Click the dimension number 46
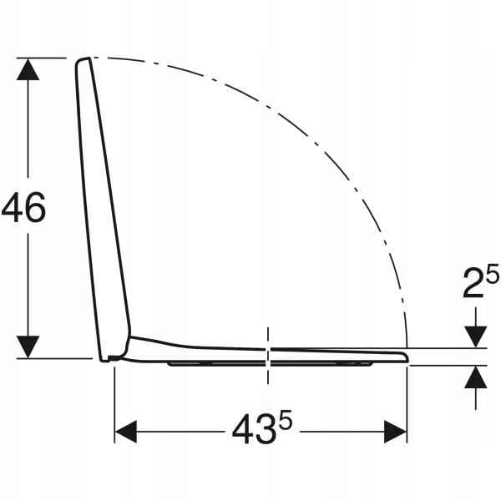[x=23, y=207]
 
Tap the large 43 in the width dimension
[x=254, y=428]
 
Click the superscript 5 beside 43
[x=285, y=419]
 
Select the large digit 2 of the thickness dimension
[x=473, y=283]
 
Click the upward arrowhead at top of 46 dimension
[x=28, y=69]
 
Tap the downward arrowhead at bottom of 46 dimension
[x=28, y=347]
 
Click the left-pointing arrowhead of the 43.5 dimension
[x=126, y=432]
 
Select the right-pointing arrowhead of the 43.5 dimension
[x=395, y=432]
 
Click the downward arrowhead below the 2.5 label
[x=476, y=337]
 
